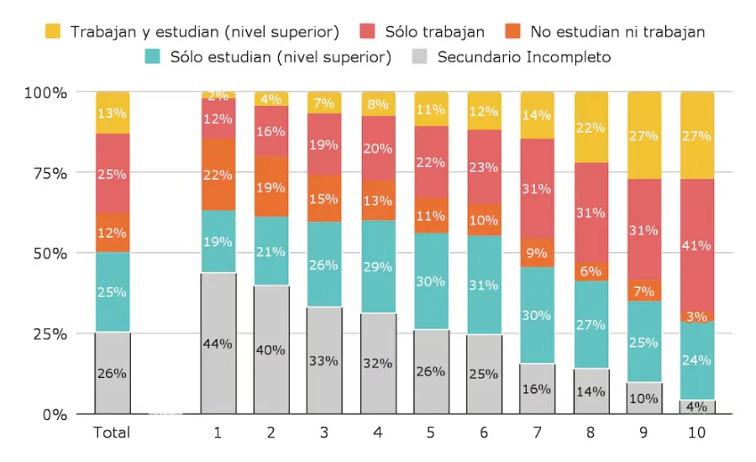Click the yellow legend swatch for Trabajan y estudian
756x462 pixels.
(x=54, y=32)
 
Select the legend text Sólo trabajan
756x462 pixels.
(x=434, y=32)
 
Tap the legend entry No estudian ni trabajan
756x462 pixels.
(x=617, y=32)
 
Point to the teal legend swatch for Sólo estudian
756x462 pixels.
(x=153, y=57)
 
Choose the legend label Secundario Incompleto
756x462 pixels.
(x=524, y=57)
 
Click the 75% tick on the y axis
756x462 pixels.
(x=47, y=173)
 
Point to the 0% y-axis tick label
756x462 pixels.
(x=54, y=414)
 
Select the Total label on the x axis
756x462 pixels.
(x=112, y=433)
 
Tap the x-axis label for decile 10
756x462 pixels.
(x=696, y=433)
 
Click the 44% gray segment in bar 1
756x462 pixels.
(x=218, y=343)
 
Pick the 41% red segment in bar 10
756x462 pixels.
(x=696, y=245)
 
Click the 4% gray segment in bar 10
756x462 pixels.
(x=696, y=407)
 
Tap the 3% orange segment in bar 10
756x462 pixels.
(x=696, y=317)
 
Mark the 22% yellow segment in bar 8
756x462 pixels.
(x=591, y=128)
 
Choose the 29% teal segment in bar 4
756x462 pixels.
(x=377, y=266)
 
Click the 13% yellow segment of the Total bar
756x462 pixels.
(x=112, y=113)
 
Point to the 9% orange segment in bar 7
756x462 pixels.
(x=537, y=252)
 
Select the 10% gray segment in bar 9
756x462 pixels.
(x=643, y=398)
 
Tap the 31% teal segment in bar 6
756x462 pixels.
(x=484, y=285)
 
